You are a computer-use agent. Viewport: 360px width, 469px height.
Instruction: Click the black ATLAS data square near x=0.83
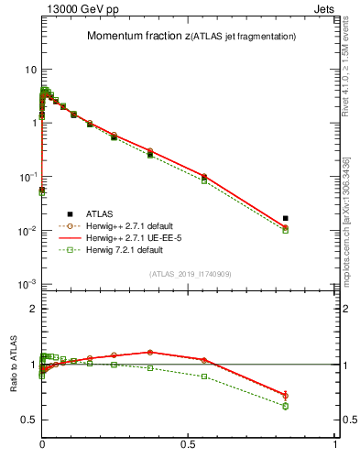(286, 218)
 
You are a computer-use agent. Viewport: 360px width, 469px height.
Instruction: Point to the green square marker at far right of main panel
(286, 231)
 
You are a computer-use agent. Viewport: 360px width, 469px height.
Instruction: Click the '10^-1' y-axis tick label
(27, 177)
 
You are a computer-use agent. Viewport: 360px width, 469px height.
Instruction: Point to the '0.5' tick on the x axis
(189, 455)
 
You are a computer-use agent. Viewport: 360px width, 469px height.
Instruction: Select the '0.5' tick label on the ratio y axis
(28, 420)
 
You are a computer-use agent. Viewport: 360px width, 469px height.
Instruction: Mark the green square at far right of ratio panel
(286, 406)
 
